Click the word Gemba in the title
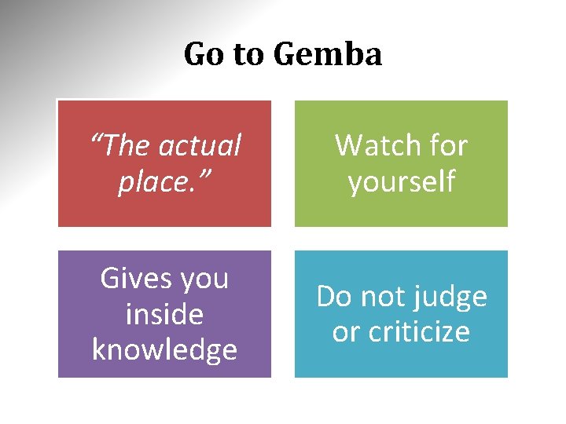tap(328, 55)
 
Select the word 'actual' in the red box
tap(200, 146)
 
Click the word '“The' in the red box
tap(119, 146)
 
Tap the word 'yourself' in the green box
tap(402, 182)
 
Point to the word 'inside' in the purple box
tap(164, 314)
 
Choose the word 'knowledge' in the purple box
tap(164, 350)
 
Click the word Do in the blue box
tap(335, 297)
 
